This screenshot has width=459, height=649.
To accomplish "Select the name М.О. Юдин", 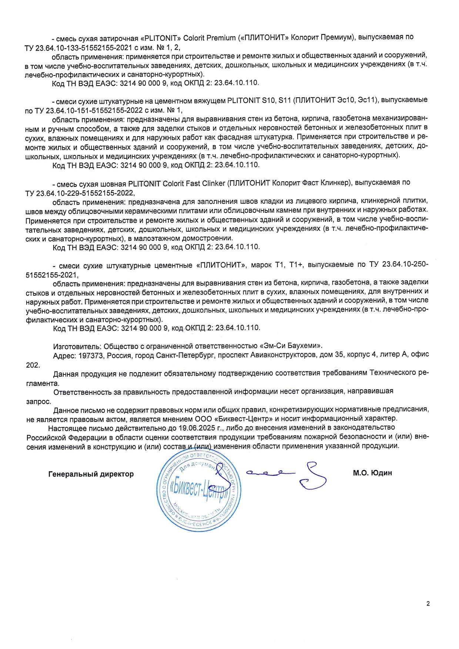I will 372,473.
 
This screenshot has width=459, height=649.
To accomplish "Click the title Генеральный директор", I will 91,474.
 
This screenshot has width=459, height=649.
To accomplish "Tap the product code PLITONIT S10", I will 249,100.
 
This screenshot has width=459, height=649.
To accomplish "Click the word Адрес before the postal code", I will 64,354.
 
